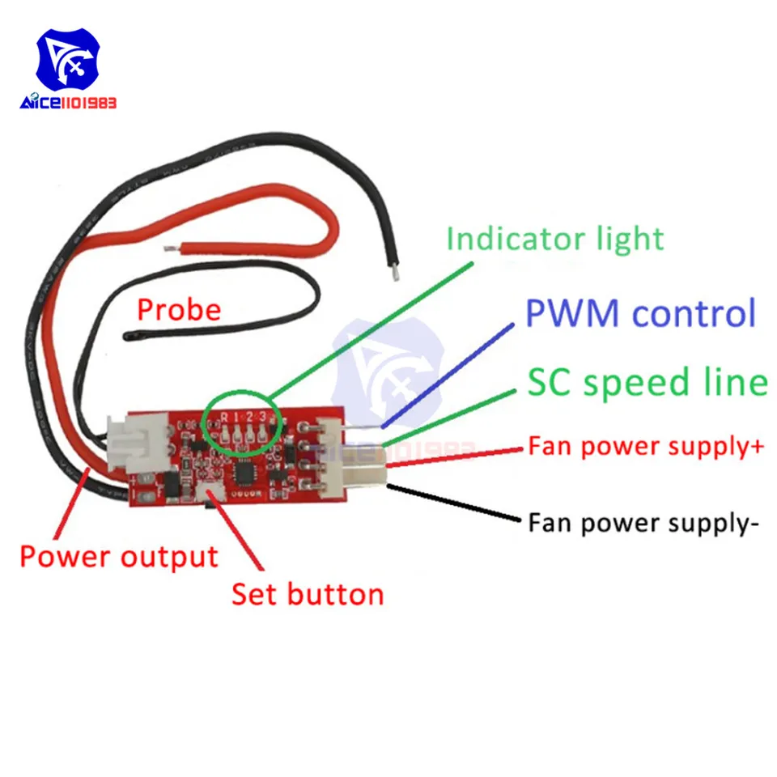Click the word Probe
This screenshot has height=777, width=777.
coord(179,311)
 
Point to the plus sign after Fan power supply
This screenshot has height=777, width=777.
coord(757,446)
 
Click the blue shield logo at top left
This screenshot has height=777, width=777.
coord(68,60)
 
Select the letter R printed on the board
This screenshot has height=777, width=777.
coord(224,418)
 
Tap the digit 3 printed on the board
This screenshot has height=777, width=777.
coord(262,416)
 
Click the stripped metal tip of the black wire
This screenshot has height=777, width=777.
coord(395,272)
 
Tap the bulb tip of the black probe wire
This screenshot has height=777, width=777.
coord(127,337)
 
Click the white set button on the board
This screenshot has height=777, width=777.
coord(210,493)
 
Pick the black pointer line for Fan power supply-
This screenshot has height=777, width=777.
coord(453,503)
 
